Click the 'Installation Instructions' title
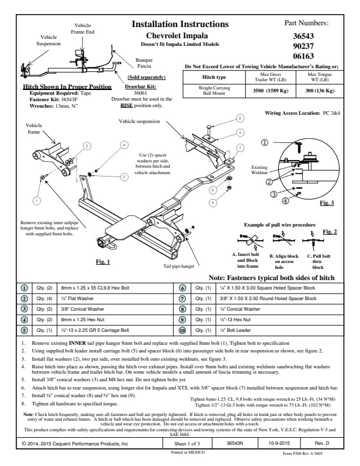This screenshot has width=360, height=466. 179,24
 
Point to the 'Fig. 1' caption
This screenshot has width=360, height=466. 103,261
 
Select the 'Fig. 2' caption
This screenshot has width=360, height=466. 331,231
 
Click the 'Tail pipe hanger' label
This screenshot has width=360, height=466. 179,267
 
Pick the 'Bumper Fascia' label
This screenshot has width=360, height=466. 145,63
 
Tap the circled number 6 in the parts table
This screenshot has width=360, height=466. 182,288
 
